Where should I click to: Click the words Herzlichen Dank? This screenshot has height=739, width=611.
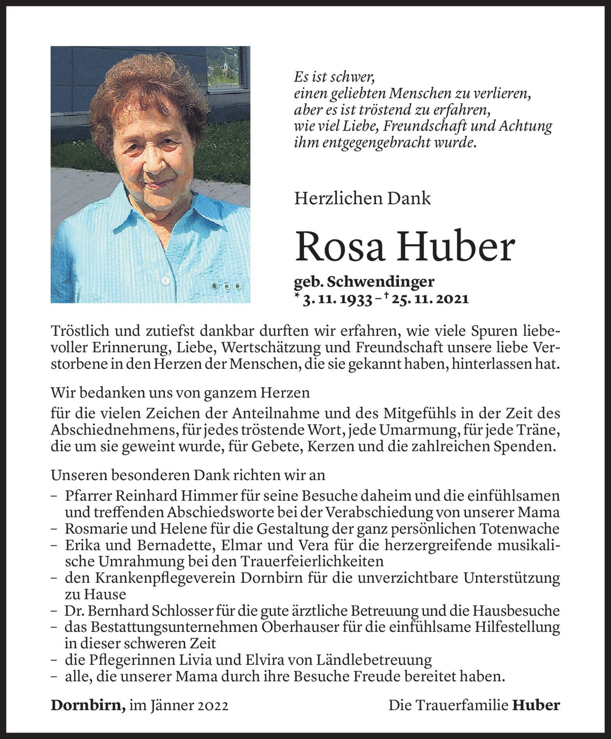coord(363,199)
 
